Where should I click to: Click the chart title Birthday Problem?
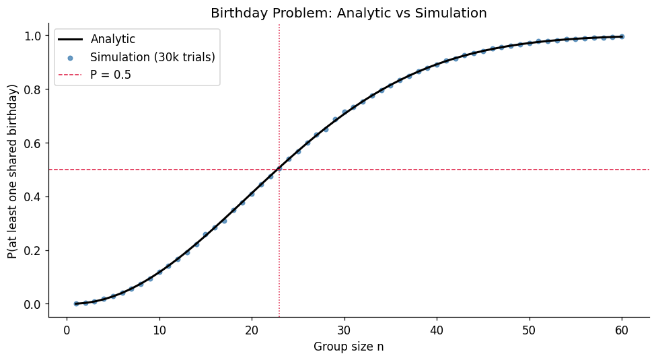349,13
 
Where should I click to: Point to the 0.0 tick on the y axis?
32,304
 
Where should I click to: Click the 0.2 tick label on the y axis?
32,250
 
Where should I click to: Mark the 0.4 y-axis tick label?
32,196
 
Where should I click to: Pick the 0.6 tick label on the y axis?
32,143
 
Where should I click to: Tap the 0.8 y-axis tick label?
32,89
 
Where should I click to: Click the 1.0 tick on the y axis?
32,35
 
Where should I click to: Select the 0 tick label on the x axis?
67,330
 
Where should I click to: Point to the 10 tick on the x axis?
159,330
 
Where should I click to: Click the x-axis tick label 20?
252,330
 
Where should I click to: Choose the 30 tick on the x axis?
344,330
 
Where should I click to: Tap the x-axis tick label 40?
437,330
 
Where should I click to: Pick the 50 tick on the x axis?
530,330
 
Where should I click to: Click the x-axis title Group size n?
349,347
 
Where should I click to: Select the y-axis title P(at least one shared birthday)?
13,171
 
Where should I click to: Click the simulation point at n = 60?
622,36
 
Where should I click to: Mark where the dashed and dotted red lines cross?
279,170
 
